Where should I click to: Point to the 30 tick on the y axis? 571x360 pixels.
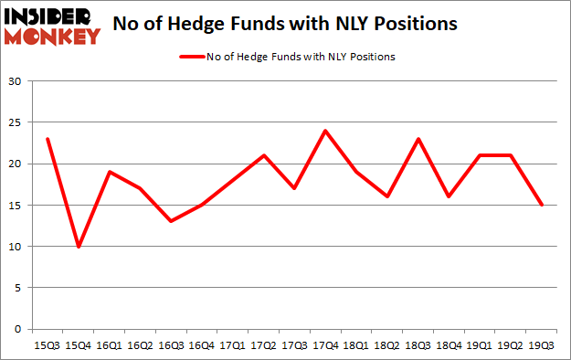tap(16, 82)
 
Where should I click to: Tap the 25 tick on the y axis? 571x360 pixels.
tap(16, 123)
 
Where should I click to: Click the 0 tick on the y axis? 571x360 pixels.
tap(18, 329)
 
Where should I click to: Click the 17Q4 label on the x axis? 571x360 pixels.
tap(324, 345)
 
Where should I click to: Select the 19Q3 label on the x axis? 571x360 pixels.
tap(542, 345)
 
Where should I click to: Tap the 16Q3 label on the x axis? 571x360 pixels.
tap(170, 345)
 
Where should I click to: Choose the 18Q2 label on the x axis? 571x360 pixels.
tap(386, 345)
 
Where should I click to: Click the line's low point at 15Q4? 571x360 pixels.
tap(78, 247)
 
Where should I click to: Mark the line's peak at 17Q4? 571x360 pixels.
tap(324, 131)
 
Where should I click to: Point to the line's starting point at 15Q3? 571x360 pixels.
tap(47, 139)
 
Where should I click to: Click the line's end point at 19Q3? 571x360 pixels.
tap(542, 205)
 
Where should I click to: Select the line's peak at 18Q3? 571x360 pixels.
tap(418, 139)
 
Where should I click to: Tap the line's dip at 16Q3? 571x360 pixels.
tap(170, 221)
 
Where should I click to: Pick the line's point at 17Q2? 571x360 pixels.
tap(263, 155)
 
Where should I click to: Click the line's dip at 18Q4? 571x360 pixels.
tap(449, 196)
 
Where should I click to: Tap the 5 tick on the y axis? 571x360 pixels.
tap(18, 288)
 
